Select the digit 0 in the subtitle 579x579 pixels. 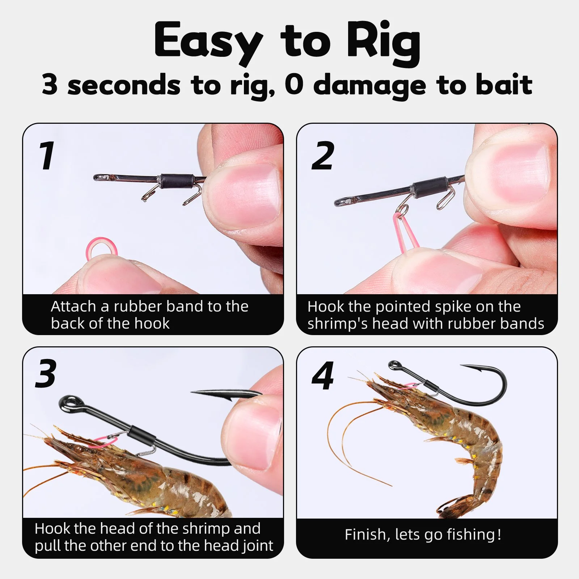click(293, 84)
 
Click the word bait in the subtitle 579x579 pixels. click(504, 84)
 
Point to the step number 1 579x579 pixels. click(47, 156)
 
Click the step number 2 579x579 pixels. click(323, 156)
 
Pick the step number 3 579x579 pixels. click(46, 374)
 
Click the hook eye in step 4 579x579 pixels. click(395, 365)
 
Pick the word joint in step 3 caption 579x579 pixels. click(257, 546)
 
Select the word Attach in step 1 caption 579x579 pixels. click(73, 307)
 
